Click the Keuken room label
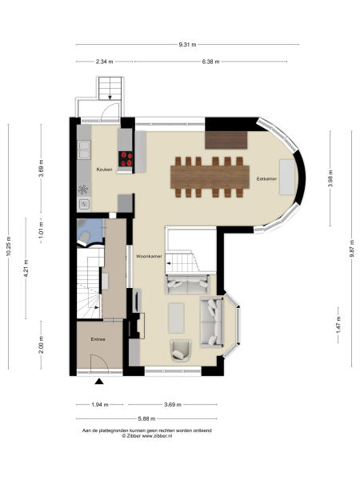point(104,170)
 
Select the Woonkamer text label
point(150,256)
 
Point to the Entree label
point(98,339)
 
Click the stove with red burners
point(126,158)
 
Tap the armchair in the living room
point(182,350)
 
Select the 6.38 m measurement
point(211,61)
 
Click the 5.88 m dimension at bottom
point(146,418)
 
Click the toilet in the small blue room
point(84,236)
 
